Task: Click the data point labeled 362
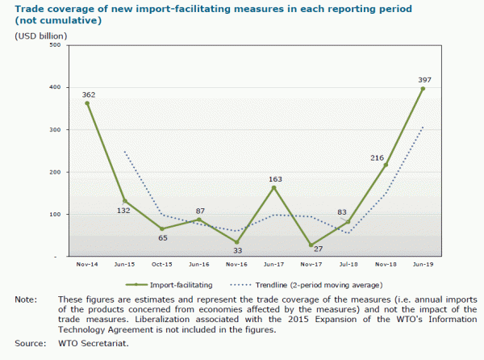[x=87, y=103]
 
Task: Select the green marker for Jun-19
[x=423, y=89]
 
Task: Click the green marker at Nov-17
[x=311, y=245]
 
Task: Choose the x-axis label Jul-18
[x=348, y=265]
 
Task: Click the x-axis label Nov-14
[x=87, y=265]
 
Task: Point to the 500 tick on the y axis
[x=56, y=45]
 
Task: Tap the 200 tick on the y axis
[x=56, y=172]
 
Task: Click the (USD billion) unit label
[x=41, y=35]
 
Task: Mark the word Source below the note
[x=29, y=344]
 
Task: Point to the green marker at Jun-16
[x=198, y=220]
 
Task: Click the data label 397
[x=423, y=79]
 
